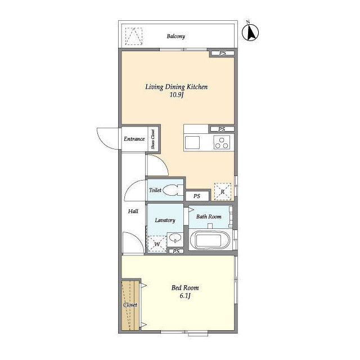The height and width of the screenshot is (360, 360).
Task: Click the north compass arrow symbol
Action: (x=250, y=32)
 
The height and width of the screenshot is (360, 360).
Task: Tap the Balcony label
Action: (x=176, y=36)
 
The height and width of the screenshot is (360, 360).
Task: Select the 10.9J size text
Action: (x=176, y=95)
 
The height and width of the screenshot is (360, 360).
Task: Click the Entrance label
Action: (x=134, y=139)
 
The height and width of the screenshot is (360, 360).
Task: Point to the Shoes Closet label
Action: (x=153, y=139)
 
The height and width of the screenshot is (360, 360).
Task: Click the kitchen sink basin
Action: (x=192, y=142)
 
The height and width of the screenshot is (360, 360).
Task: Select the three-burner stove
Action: (x=222, y=142)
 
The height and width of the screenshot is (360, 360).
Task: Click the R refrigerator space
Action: (x=223, y=191)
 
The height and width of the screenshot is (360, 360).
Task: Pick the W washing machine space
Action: (x=157, y=244)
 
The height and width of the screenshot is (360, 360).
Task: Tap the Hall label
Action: (x=133, y=211)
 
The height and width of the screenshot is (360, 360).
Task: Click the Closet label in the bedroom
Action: (x=130, y=305)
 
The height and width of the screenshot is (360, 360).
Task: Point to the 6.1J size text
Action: (x=185, y=296)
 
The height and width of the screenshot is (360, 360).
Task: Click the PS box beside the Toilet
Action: (x=197, y=196)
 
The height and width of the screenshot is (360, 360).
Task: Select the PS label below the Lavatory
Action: (x=176, y=251)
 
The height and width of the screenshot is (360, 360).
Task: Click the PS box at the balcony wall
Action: (x=223, y=53)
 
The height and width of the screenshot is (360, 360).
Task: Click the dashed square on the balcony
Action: (x=134, y=36)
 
